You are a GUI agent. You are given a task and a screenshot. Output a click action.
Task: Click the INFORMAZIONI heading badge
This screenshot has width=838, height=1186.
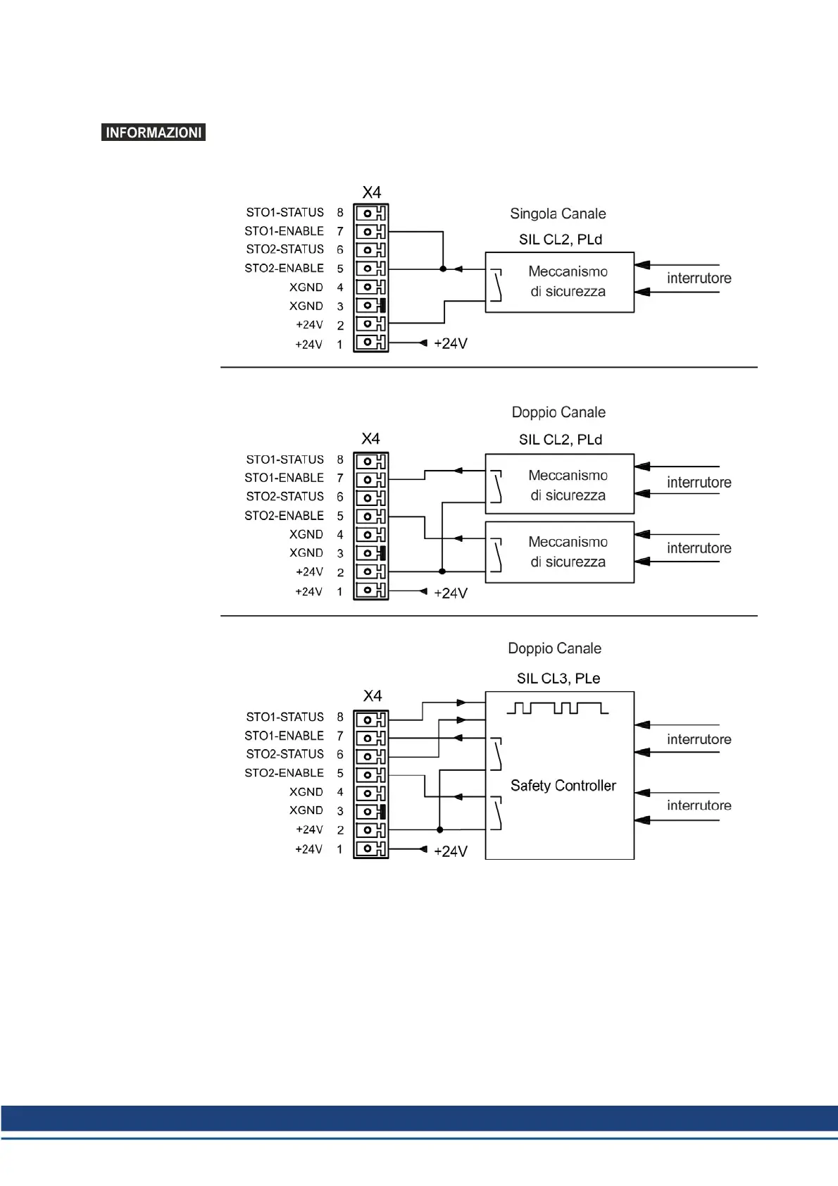[x=154, y=132]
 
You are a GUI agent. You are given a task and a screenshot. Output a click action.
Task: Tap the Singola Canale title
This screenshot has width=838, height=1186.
[x=558, y=214]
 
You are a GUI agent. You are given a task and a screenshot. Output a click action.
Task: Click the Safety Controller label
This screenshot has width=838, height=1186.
[x=563, y=786]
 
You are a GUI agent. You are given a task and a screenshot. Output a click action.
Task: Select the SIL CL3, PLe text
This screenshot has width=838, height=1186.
[x=558, y=679]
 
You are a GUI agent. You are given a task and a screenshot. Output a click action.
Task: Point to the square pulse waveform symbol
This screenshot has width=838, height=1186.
[x=557, y=708]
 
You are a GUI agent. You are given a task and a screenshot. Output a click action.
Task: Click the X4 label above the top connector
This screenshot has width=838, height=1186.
[x=372, y=192]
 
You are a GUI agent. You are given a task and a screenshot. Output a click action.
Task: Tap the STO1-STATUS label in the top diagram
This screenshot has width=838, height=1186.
[x=284, y=212]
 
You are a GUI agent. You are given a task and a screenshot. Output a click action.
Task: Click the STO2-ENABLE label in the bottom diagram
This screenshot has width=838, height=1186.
[x=284, y=773]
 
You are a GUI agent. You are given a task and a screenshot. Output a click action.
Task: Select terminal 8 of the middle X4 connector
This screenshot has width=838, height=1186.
[x=370, y=462]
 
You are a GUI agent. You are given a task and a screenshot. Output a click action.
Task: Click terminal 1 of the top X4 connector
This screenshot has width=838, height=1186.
[x=370, y=342]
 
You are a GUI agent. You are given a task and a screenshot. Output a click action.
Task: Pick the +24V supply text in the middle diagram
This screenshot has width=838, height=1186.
[x=451, y=593]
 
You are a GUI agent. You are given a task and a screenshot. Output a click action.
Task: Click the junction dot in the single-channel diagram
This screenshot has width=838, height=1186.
[x=443, y=268]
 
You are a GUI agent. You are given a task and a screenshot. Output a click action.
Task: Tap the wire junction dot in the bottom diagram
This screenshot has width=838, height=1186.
[x=440, y=829]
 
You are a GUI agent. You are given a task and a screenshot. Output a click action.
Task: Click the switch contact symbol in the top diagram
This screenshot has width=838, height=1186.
[x=496, y=285]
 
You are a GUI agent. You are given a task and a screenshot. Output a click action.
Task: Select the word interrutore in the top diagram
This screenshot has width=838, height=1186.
[x=699, y=278]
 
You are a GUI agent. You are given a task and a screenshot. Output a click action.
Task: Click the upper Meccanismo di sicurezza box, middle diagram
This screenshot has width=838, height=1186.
[x=560, y=485]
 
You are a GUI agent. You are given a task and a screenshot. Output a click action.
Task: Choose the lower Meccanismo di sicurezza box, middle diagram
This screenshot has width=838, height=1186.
[x=560, y=552]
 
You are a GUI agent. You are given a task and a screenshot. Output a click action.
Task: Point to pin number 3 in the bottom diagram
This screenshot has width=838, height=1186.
[x=340, y=811]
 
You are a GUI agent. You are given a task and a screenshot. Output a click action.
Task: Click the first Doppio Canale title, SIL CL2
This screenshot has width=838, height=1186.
[x=558, y=412]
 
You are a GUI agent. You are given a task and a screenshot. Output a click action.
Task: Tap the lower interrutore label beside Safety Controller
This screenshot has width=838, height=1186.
[x=699, y=805]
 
